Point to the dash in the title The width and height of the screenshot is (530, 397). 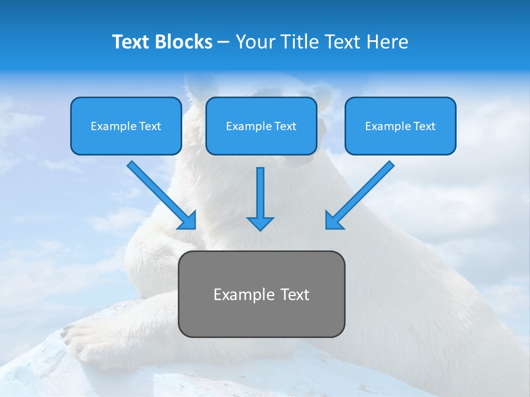tap(224, 42)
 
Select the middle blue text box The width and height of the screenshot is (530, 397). tap(261, 141)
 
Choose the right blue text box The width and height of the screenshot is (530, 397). tap(400, 141)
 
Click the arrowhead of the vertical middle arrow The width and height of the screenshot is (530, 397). tap(260, 223)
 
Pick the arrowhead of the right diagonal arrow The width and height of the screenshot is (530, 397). tap(333, 221)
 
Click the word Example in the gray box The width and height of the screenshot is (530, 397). tap(236, 294)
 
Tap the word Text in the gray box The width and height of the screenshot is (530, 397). tap(294, 294)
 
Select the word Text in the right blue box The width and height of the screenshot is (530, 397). tap(424, 126)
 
